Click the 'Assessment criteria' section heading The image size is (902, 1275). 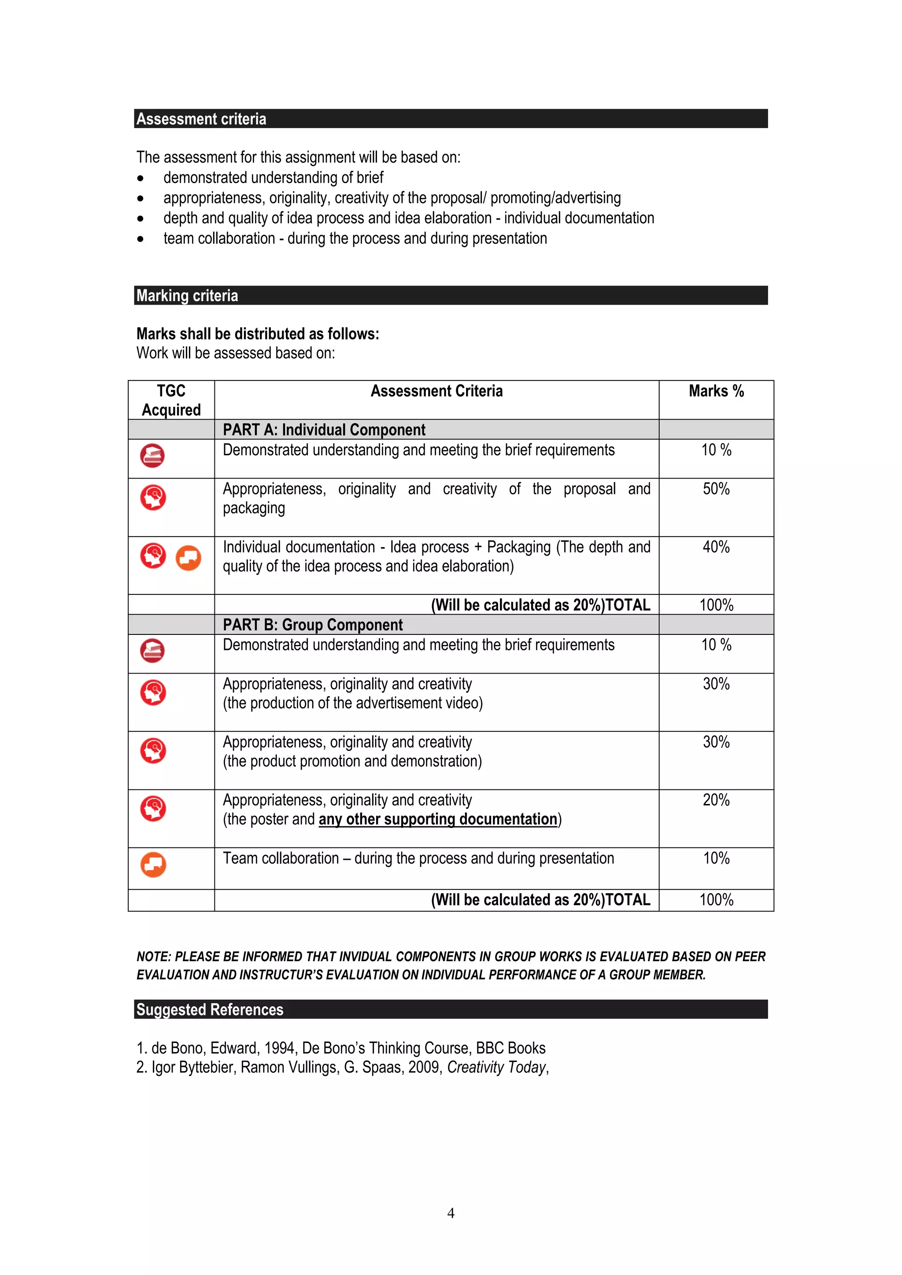point(201,119)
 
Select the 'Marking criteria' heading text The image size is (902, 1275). point(187,295)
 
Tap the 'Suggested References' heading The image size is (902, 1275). point(209,1009)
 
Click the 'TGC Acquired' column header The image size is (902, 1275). point(171,400)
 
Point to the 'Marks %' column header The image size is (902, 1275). point(716,391)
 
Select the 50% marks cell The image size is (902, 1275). point(716,489)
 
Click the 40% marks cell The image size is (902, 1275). point(716,547)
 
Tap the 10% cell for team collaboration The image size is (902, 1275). point(716,858)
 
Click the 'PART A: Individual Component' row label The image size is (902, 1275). point(324,430)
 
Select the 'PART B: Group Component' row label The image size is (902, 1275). point(313,625)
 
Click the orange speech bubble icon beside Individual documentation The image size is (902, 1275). point(189,557)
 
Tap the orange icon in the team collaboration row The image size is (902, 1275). point(153,865)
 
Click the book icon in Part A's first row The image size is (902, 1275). point(152,455)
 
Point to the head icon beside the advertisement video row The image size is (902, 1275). point(153,693)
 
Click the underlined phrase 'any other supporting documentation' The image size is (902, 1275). point(438,819)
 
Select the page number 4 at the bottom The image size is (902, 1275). point(451,1213)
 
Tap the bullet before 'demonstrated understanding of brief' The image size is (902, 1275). point(140,178)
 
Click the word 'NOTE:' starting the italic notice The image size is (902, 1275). point(154,956)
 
